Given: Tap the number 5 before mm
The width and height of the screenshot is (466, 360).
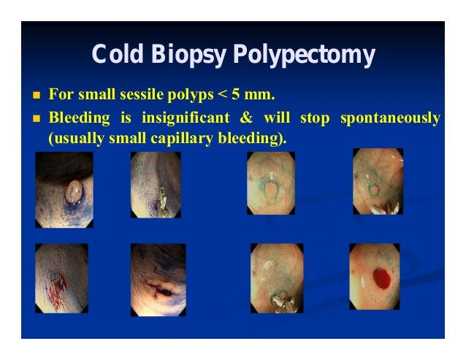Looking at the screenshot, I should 233,95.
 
